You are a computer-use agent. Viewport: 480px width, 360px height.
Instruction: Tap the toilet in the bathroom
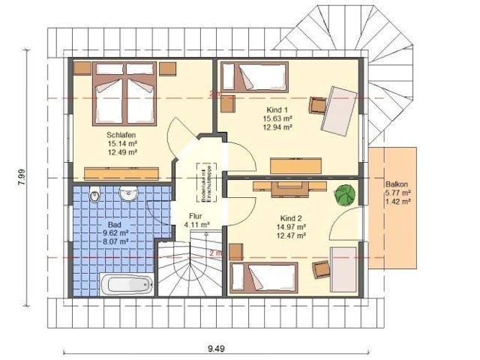(94, 196)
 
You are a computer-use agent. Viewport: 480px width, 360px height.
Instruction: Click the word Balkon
(396, 184)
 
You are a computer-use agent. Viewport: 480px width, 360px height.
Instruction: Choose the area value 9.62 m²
(114, 233)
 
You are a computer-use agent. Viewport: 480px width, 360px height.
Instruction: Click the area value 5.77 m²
(397, 193)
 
